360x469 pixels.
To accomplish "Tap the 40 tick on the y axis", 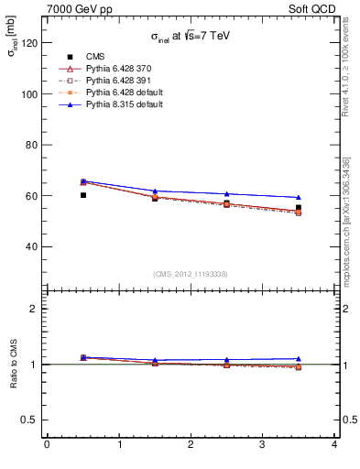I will click(31, 246).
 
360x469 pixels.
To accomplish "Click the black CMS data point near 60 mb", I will click(82, 195).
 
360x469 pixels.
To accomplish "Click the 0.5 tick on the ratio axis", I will click(28, 420).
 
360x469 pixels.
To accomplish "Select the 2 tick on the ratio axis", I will click(34, 309).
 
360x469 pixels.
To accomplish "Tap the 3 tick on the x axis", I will click(262, 444).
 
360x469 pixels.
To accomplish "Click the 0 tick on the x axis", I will click(47, 444).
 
